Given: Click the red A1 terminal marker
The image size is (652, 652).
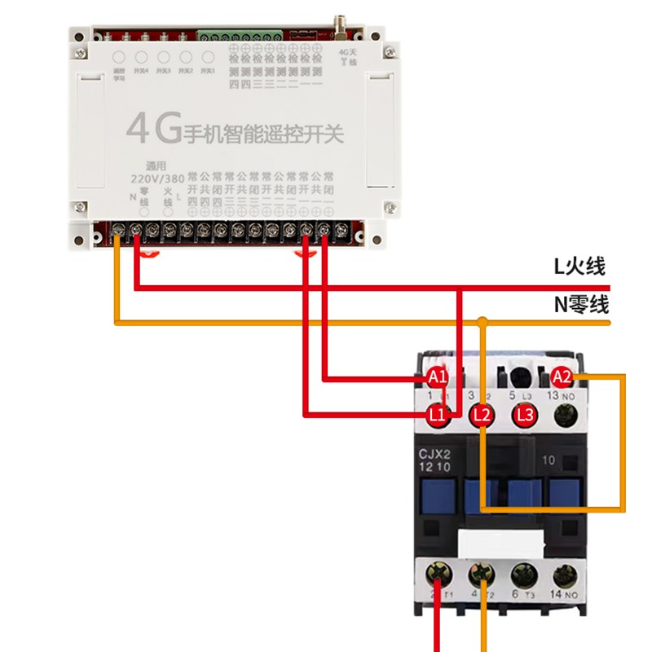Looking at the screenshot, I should (x=438, y=377).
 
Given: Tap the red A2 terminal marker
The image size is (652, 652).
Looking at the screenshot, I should (x=562, y=377).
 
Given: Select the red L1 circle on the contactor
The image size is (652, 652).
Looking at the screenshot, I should (x=438, y=416).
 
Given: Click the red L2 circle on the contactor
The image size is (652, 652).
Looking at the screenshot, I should (x=482, y=416).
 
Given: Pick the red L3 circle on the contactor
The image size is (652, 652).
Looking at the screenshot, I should (x=524, y=416).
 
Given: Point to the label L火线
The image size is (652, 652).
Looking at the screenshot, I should (x=579, y=267).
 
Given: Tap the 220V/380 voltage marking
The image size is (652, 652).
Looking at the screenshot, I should (x=157, y=178).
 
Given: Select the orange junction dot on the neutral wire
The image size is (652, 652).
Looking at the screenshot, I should (x=482, y=324).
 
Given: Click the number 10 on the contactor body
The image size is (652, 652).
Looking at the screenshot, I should (x=548, y=460).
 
